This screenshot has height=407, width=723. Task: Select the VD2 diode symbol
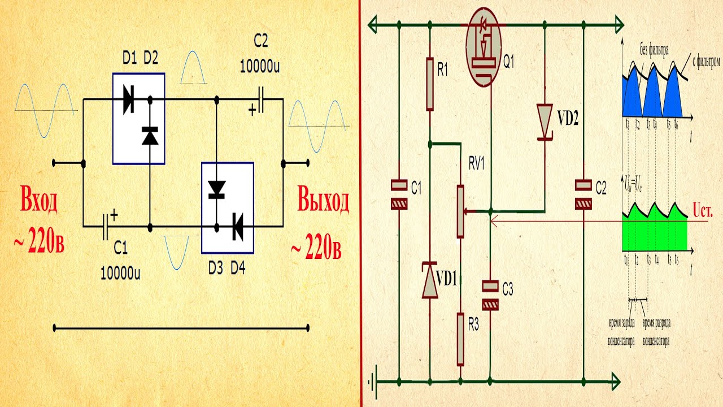point(545,120)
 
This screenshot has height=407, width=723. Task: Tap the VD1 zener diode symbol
point(430,279)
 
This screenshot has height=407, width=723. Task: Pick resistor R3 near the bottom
point(461,339)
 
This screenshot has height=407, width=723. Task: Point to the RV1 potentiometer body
point(461,211)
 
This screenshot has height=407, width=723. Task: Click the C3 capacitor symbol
point(491,296)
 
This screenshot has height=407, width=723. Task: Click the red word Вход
point(40,202)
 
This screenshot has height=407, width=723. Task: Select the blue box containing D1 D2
point(138,118)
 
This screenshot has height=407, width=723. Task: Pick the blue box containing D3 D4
point(228,207)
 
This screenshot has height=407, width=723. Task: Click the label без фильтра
point(654,50)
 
